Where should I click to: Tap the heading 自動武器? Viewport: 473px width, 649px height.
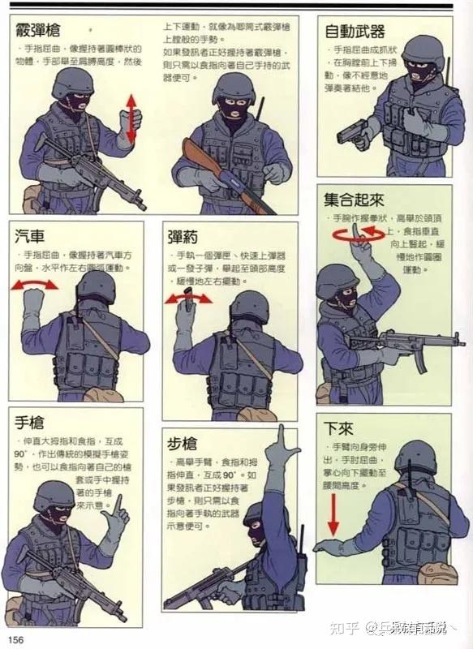pyautogui.click(x=355, y=32)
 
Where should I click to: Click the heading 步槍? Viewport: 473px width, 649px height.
pyautogui.click(x=183, y=444)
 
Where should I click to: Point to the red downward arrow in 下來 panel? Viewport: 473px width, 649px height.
pyautogui.click(x=333, y=514)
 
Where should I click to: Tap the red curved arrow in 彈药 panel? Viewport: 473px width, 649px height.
pyautogui.click(x=188, y=299)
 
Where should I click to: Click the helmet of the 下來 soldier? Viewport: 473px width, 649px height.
pyautogui.click(x=415, y=456)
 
